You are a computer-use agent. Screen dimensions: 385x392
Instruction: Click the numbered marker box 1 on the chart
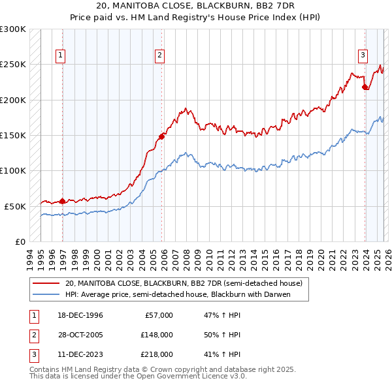tap(60, 55)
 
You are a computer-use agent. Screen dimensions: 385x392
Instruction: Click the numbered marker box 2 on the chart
tap(159, 55)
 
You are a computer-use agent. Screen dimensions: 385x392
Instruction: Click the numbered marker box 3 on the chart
tap(363, 55)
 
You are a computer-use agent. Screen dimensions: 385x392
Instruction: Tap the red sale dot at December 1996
tap(63, 201)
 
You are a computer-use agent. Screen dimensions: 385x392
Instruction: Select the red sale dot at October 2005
tap(161, 136)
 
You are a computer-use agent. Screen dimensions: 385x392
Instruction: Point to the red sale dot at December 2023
tap(365, 87)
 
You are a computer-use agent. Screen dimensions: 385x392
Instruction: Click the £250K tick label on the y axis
tap(13, 65)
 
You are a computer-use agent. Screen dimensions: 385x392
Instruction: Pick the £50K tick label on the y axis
tap(15, 206)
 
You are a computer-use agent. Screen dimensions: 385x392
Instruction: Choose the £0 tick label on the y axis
tap(20, 241)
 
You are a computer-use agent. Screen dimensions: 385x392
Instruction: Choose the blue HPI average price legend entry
tap(177, 294)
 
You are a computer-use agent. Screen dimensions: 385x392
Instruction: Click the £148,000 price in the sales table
tap(156, 335)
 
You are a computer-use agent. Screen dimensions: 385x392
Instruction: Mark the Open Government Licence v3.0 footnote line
tap(138, 377)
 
